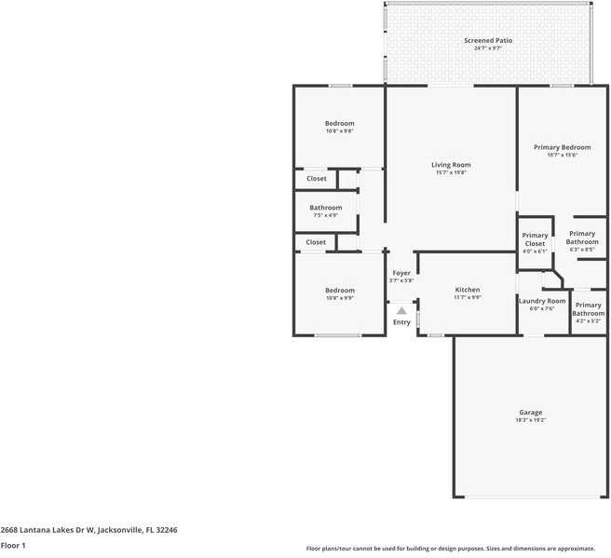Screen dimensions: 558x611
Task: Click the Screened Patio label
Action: (x=488, y=40)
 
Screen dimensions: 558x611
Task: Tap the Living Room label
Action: (x=451, y=165)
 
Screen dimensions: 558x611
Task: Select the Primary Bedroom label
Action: (x=562, y=147)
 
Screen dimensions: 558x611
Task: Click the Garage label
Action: (x=530, y=412)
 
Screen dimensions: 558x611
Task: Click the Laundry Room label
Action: (x=541, y=301)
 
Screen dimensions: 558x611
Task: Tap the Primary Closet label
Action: (x=535, y=236)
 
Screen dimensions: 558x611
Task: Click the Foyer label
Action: (x=401, y=273)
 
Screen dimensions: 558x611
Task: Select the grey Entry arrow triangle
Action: (x=401, y=310)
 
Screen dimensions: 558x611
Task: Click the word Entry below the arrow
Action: (x=401, y=322)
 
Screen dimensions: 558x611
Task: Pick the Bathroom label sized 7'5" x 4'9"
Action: (x=326, y=208)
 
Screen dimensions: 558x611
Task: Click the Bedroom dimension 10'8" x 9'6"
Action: (x=339, y=131)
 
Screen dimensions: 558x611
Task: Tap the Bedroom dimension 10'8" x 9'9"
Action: (x=339, y=298)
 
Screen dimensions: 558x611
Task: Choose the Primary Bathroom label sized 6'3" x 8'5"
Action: (x=582, y=234)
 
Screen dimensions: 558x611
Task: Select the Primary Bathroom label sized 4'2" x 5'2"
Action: (x=588, y=305)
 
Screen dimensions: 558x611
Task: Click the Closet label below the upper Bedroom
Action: (x=316, y=178)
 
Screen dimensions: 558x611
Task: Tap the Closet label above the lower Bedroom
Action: (x=316, y=242)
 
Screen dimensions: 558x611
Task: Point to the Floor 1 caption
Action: (x=13, y=545)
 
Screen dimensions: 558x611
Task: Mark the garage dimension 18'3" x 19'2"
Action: (x=530, y=420)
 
